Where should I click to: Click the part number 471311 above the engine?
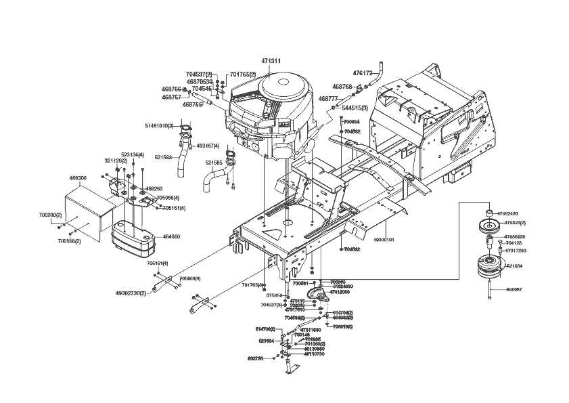tap(271, 61)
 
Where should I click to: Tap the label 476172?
tap(363, 72)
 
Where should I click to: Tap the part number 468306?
tap(78, 178)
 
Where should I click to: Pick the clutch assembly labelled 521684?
tap(488, 266)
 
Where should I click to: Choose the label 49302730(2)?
tap(131, 293)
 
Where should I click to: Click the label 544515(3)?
tap(355, 108)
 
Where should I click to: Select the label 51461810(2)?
tap(159, 125)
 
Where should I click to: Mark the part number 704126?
tap(514, 243)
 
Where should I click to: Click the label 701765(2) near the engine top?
tap(242, 74)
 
